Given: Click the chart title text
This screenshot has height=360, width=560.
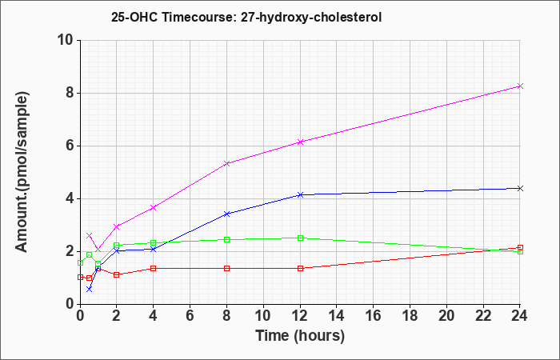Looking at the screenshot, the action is point(246,17).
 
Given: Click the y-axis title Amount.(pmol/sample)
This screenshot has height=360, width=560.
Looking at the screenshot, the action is point(22,172).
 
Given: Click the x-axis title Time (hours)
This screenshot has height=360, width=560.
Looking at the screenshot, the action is point(300,336).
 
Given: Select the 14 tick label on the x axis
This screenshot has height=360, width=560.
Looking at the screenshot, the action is point(337,316).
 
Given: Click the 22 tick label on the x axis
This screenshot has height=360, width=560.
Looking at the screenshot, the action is point(483,316).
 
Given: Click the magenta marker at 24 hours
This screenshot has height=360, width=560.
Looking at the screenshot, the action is point(520,86).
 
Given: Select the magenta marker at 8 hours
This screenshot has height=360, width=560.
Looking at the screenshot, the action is point(226,163).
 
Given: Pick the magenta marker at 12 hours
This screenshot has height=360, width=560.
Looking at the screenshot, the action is point(300,142).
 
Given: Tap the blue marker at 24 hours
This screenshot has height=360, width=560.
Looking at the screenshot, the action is point(520,188).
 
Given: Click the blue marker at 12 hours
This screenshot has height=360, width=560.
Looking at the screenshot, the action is point(300,194).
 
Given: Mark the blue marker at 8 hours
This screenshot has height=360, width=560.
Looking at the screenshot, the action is point(226,214).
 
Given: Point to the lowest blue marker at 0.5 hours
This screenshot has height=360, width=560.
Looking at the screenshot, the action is point(90,289).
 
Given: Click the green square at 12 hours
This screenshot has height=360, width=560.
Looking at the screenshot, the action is point(300,238).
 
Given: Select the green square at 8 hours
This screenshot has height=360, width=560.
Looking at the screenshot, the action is point(226,240).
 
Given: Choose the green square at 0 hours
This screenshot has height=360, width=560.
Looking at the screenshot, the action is point(80,263).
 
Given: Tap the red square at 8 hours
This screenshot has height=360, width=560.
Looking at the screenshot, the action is point(226,268).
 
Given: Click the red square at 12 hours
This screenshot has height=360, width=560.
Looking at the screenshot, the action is point(300,268).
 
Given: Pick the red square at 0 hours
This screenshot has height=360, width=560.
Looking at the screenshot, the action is point(80,277).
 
